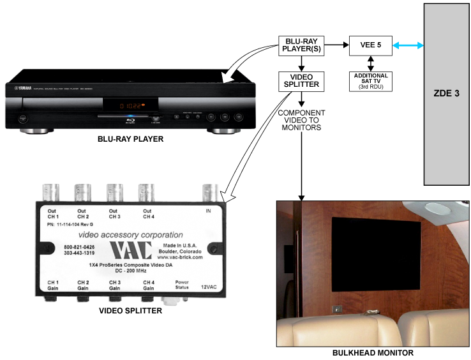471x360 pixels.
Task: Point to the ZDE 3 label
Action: click(447, 93)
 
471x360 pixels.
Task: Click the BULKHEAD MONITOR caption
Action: click(373, 353)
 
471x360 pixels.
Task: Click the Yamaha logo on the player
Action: click(24, 90)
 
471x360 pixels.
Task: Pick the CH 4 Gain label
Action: click(149, 285)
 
